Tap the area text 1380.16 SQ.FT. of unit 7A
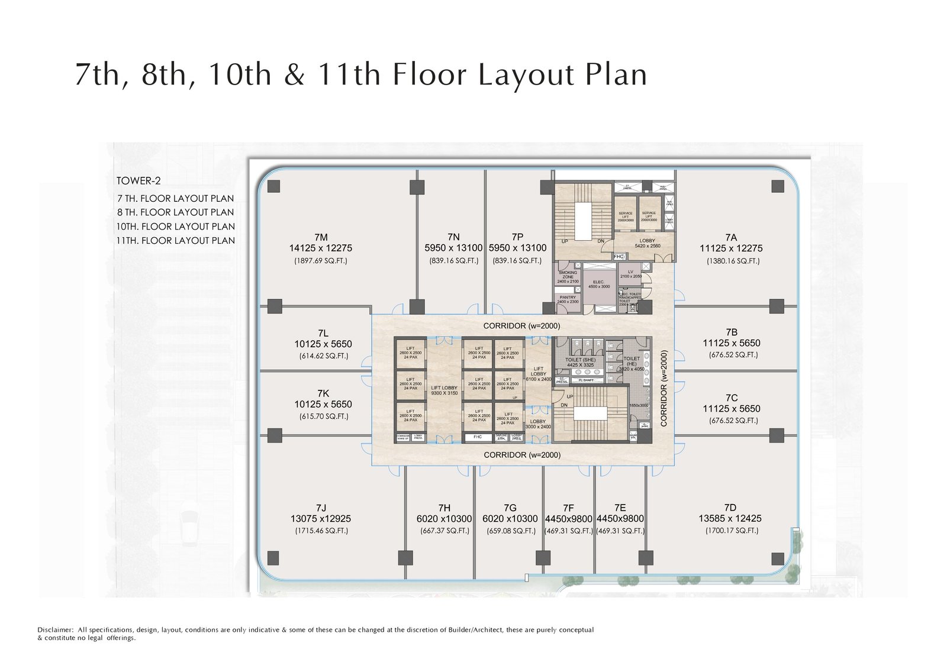pyautogui.click(x=733, y=261)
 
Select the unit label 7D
pyautogui.click(x=730, y=508)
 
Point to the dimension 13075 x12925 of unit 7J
pyautogui.click(x=321, y=519)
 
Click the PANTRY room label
pyautogui.click(x=568, y=298)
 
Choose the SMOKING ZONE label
pyautogui.click(x=568, y=275)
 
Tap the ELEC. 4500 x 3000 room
pyautogui.click(x=598, y=285)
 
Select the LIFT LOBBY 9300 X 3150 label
pyautogui.click(x=444, y=390)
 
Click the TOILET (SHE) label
pyautogui.click(x=580, y=360)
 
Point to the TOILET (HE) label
pyautogui.click(x=632, y=361)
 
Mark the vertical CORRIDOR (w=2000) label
pyautogui.click(x=664, y=389)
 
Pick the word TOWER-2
pyautogui.click(x=138, y=181)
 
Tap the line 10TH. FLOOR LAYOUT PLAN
pyautogui.click(x=176, y=227)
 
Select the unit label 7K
pyautogui.click(x=323, y=393)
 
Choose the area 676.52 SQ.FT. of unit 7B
pyautogui.click(x=733, y=355)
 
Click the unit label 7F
pyautogui.click(x=568, y=508)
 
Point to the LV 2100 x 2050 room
pyautogui.click(x=630, y=274)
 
